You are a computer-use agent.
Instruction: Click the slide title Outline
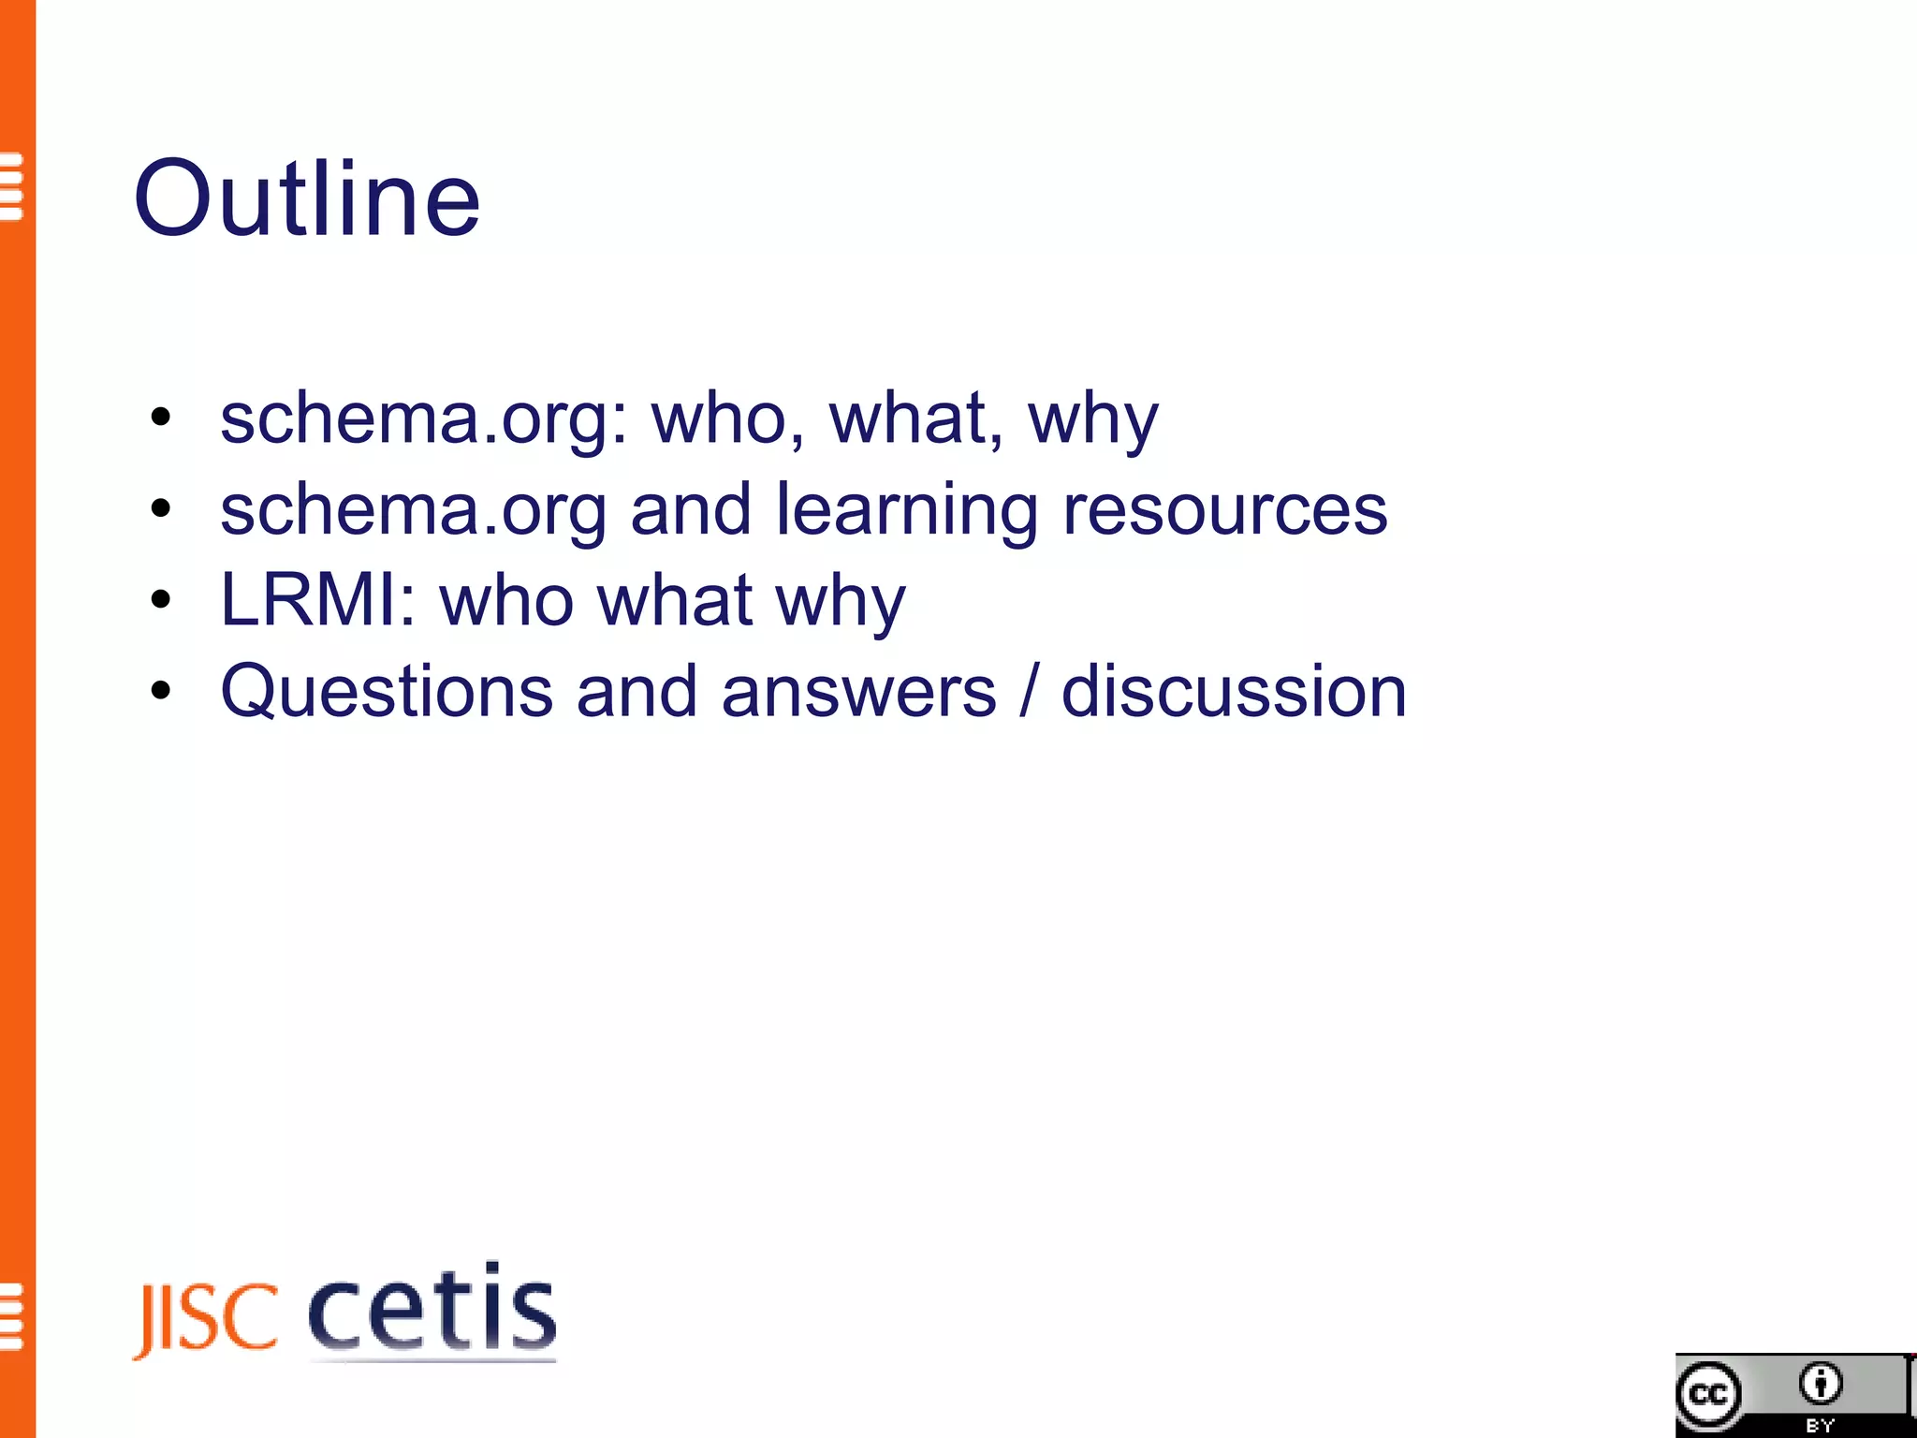click(x=307, y=198)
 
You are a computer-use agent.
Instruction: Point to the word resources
click(x=1224, y=510)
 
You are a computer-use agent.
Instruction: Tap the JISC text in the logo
click(x=207, y=1319)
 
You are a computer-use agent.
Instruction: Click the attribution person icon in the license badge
click(x=1820, y=1384)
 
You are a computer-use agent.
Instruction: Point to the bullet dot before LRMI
click(x=161, y=600)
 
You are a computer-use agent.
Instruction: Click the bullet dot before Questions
click(x=161, y=692)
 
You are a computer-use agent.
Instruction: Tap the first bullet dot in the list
click(x=161, y=418)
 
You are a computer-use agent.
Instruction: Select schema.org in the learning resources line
click(x=413, y=510)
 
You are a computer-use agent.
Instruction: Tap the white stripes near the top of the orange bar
click(x=11, y=186)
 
